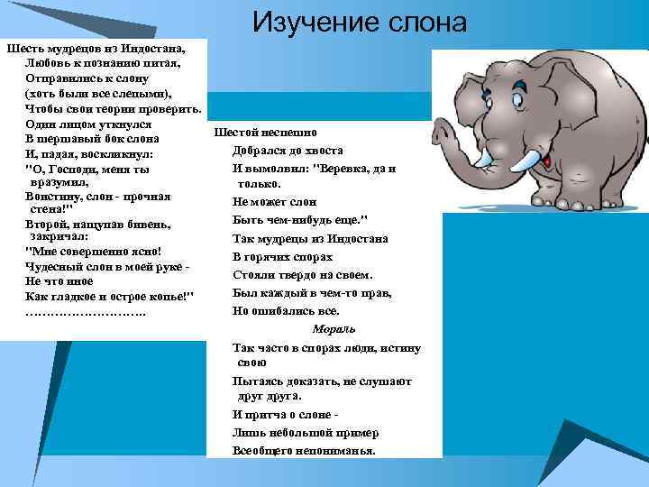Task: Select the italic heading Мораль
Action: point(334,328)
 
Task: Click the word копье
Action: point(166,296)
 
